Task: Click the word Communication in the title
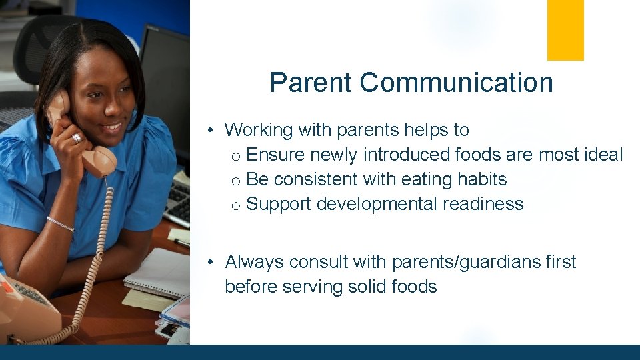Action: (457, 83)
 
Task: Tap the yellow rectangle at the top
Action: (565, 30)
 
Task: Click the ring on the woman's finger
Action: (76, 138)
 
